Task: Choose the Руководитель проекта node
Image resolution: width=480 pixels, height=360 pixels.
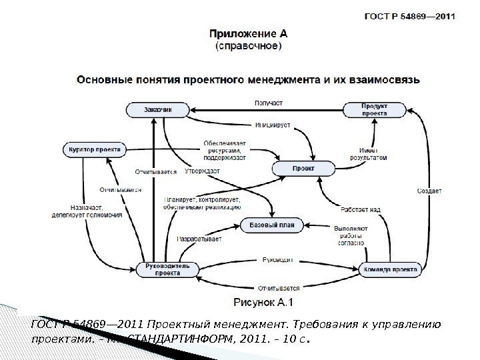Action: (x=163, y=269)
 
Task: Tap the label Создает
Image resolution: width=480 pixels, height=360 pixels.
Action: (x=429, y=191)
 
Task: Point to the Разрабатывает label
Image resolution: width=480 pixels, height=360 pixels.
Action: (x=199, y=239)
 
